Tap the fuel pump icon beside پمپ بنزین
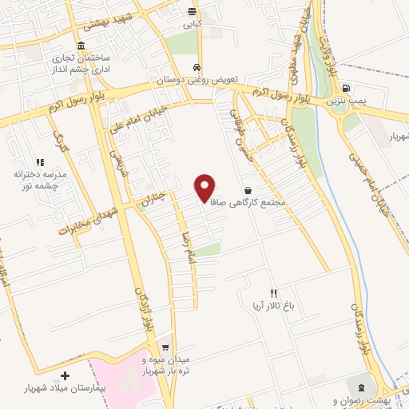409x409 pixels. click(344, 89)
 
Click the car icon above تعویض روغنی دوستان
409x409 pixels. click(197, 68)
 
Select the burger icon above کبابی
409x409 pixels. click(192, 11)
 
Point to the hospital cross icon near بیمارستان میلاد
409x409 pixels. click(66, 375)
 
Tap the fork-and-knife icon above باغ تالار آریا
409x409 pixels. click(273, 293)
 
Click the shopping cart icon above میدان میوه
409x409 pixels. click(165, 347)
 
